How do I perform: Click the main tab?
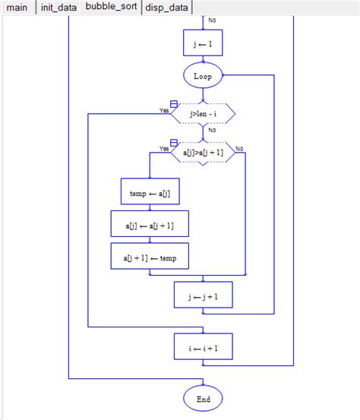pos(17,8)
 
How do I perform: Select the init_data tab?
pos(58,8)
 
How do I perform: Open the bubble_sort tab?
pos(112,8)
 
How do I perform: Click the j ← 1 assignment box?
pos(203,43)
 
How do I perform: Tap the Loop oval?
pos(203,76)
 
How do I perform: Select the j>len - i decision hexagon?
pos(203,113)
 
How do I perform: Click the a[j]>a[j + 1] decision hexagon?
pos(203,153)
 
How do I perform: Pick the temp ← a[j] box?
pos(150,192)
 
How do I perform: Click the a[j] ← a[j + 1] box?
pos(150,225)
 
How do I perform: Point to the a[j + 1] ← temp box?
pos(150,257)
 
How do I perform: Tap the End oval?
pos(203,398)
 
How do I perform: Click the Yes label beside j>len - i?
pos(164,110)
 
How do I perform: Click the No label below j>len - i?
pos(212,130)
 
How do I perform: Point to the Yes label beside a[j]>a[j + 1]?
pos(164,149)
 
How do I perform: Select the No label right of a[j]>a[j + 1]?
pos(239,149)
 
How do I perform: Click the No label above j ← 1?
pos(211,21)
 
